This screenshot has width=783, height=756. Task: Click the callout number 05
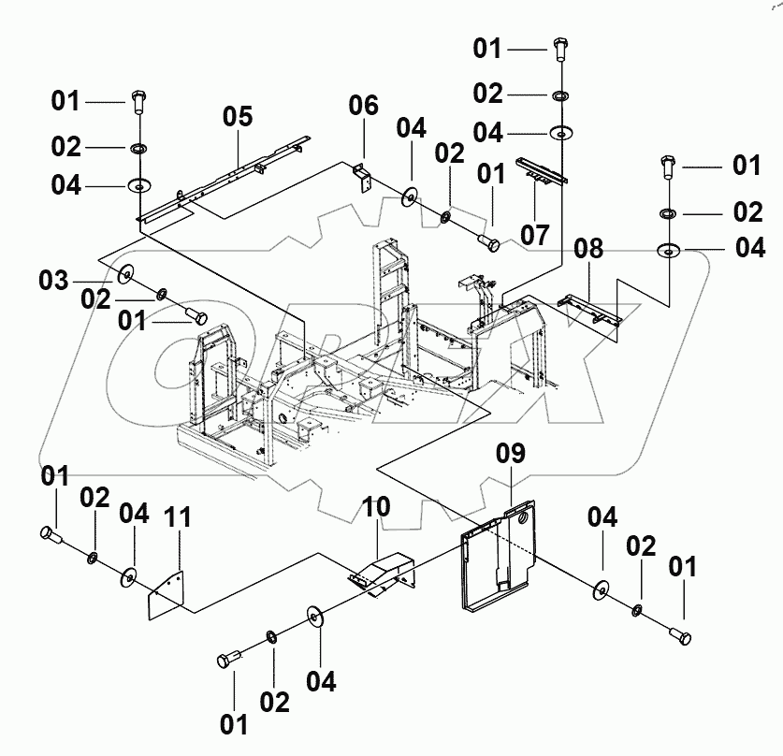coord(238,117)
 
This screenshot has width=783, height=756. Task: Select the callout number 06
coord(364,106)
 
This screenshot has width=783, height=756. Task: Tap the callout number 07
coord(535,235)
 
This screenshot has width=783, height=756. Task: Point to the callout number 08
coord(589,250)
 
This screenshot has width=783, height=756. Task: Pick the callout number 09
coord(511,455)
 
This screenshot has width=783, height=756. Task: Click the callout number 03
coord(53,280)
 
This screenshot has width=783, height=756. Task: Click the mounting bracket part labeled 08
coord(590,310)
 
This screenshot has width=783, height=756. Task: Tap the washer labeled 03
coord(123,277)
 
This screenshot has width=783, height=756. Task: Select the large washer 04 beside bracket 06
coord(410,196)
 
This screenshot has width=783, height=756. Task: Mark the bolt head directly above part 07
coord(561,44)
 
